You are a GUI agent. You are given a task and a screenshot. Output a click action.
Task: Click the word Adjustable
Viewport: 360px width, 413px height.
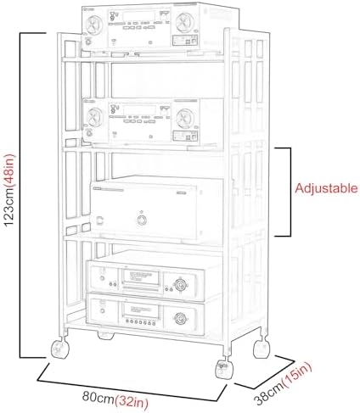point(326,188)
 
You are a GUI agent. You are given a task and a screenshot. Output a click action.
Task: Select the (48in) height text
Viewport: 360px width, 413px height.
point(9,167)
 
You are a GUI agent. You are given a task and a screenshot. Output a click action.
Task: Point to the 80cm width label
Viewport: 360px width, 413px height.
point(98,397)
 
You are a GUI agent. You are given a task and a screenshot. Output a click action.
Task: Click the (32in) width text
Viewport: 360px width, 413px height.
point(132,401)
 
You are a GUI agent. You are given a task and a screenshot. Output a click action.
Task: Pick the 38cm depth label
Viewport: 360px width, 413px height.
point(268,393)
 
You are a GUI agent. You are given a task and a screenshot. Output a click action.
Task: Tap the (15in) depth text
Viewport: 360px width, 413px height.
point(298,376)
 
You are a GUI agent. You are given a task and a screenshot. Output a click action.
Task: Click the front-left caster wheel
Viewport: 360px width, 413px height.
point(60,349)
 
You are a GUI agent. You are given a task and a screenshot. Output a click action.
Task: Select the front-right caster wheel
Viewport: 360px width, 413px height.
point(225,369)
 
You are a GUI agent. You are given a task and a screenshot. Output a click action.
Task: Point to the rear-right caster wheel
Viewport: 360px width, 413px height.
point(262,349)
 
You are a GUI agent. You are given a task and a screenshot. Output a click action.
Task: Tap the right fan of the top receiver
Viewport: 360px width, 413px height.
point(185,22)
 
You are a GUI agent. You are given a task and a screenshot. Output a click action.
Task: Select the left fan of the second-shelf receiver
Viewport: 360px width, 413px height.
point(93,117)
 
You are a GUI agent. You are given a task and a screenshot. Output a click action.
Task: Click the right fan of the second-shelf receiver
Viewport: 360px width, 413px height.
point(185,119)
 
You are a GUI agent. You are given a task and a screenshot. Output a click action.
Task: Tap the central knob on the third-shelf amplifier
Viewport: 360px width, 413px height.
point(142,220)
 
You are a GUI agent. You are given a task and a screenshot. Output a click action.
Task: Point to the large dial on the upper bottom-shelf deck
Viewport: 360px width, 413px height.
point(180,284)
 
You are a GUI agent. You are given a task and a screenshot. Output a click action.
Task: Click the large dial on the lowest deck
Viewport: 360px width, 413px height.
point(180,319)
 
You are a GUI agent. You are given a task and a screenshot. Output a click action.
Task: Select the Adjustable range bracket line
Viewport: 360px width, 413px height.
point(290,192)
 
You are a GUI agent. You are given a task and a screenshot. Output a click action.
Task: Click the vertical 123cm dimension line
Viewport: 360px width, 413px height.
point(20,195)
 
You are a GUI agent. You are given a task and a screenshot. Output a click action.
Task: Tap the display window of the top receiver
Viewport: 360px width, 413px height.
point(139,16)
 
